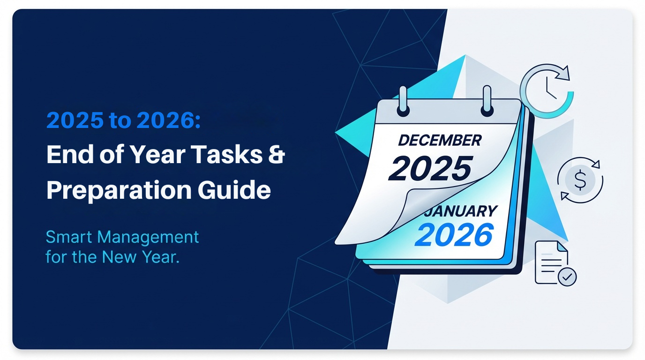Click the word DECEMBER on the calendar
point(439,140)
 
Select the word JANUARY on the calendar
point(460,211)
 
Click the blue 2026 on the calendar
point(454,235)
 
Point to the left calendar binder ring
point(402,100)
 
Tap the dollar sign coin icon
point(580,180)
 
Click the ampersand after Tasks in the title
point(277,155)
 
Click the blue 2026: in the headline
point(169,121)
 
